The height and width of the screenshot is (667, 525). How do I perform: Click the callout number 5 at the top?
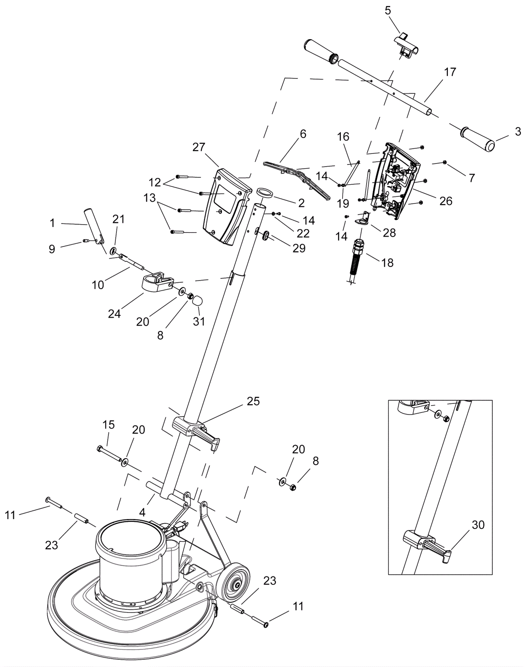(x=388, y=10)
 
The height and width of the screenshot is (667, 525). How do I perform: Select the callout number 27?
(x=199, y=147)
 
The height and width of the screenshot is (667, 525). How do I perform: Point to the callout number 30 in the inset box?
(x=478, y=525)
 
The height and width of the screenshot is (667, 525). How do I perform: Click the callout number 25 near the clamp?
(x=253, y=401)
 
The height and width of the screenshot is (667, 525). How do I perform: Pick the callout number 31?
(x=199, y=321)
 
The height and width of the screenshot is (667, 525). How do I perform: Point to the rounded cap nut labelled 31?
(x=197, y=300)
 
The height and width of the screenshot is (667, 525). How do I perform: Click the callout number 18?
(x=388, y=262)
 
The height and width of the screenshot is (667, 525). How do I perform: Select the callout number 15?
(x=108, y=425)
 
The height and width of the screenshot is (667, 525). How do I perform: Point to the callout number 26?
(x=446, y=201)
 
